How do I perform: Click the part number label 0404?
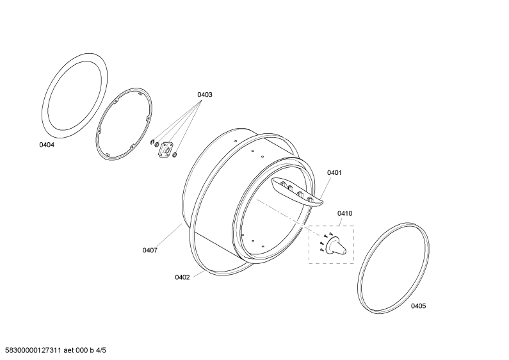pos(47,145)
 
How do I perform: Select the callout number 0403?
pos(205,95)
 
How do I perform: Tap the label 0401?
pos(334,172)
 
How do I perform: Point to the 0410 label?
pos(344,213)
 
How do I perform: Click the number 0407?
pos(150,250)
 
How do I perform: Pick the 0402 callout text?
pos(182,277)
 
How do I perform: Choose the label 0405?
pos(419,306)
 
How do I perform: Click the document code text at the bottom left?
pos(53,350)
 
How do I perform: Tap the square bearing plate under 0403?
pos(166,149)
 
